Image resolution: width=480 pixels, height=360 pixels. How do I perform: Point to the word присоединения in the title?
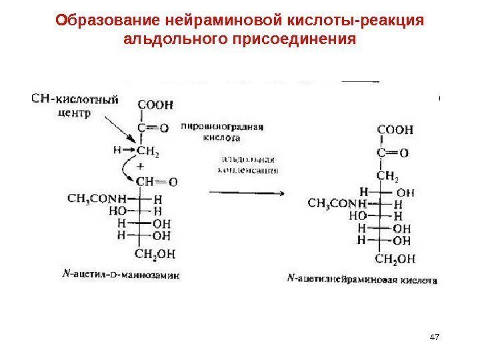(x=293, y=40)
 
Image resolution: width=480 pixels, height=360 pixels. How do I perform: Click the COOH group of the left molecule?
(x=155, y=104)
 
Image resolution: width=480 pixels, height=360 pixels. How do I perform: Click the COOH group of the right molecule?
(x=395, y=129)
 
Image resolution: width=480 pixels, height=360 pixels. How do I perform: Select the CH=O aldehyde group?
(x=155, y=181)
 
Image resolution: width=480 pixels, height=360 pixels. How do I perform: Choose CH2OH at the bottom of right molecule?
(x=395, y=258)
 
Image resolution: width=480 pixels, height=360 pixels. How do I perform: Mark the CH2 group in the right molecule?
(x=387, y=176)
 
